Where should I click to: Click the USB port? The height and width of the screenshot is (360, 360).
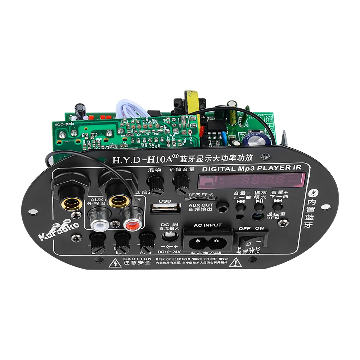166,209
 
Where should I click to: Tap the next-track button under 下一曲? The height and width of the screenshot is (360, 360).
277,206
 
